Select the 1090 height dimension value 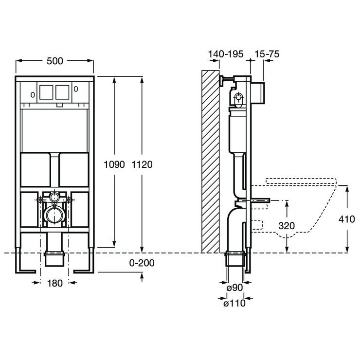click(115, 164)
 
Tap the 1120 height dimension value click(142, 164)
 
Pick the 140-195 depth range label click(225, 54)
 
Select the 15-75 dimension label click(266, 54)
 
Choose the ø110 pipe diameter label click(234, 304)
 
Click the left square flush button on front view click(46, 92)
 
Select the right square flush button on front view click(62, 92)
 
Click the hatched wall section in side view click(210, 161)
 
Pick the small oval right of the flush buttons click(76, 89)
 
